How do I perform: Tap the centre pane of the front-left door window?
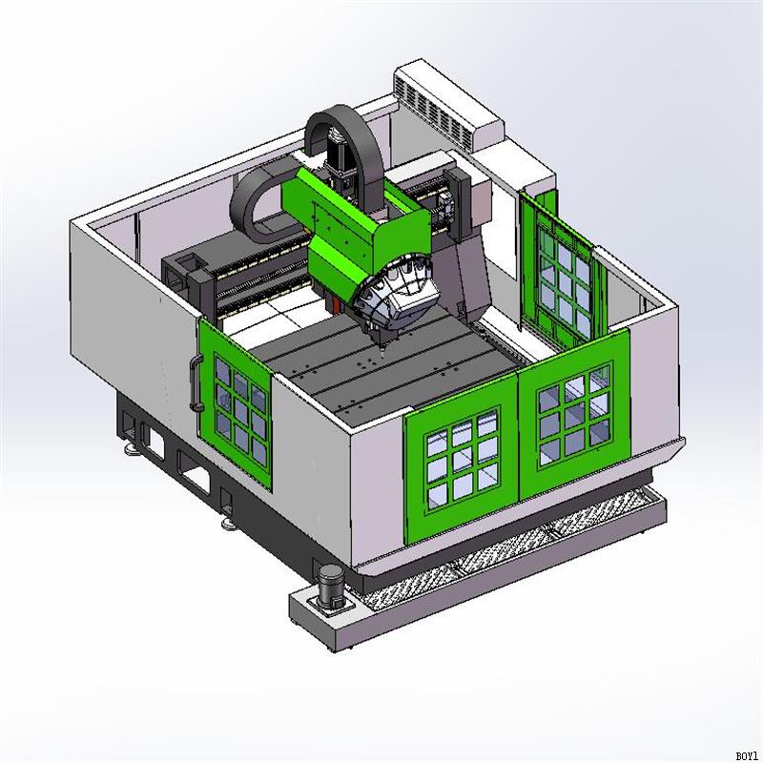pyautogui.click(x=461, y=459)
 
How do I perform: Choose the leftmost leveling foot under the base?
pyautogui.click(x=127, y=443)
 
